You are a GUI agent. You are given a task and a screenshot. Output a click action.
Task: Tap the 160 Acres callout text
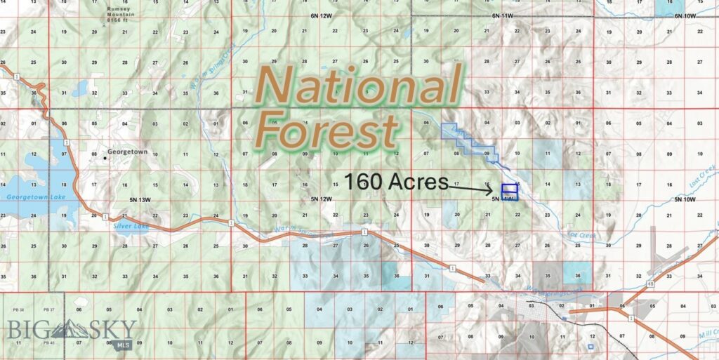[x=395, y=182]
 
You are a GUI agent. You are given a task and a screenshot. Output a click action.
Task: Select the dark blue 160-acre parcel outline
[x=509, y=189]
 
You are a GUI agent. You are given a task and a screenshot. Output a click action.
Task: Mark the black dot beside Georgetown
[x=105, y=158]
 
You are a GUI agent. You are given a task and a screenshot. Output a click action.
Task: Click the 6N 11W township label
[x=503, y=15]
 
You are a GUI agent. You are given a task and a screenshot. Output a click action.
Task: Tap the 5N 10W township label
[x=683, y=199]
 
